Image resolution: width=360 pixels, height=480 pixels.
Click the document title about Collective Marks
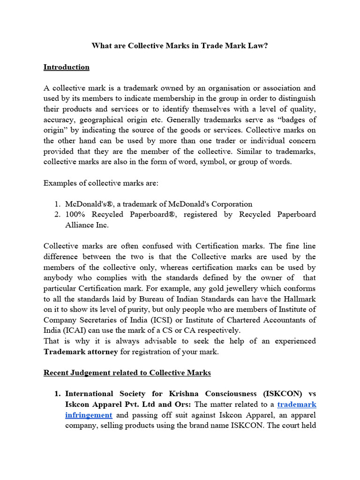(180, 45)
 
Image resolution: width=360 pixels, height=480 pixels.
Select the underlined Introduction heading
(66, 67)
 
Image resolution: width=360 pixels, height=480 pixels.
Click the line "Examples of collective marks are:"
(101, 183)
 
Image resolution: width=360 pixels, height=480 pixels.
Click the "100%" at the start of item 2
(76, 215)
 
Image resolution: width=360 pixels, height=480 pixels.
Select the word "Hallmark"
(299, 299)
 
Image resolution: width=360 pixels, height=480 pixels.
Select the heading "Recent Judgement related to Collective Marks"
(127, 373)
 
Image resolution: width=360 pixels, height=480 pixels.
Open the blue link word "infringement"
(89, 415)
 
